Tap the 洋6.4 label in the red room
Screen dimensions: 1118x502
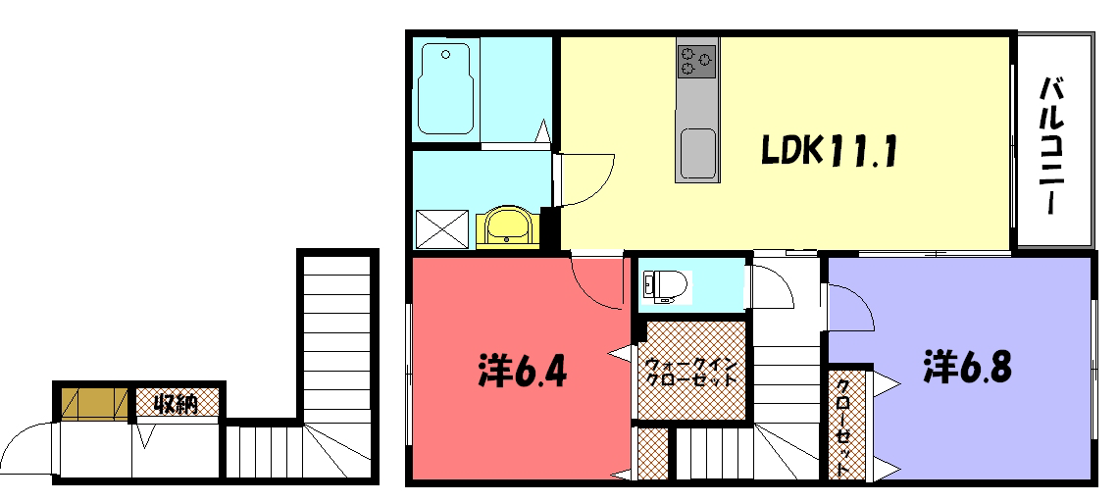523,369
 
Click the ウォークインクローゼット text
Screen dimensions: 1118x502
690,372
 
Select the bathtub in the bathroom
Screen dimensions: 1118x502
446,88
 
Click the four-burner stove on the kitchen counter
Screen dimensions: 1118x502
696,61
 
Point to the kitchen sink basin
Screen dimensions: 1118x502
698,154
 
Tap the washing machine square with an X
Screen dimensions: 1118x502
442,228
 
